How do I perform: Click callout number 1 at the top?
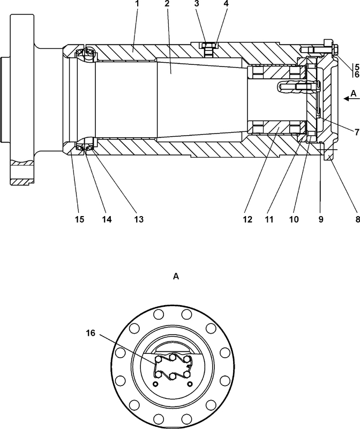click(138, 4)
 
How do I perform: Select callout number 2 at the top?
click(167, 4)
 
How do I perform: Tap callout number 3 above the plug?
click(197, 4)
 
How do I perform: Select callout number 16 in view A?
click(90, 333)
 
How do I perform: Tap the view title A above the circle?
click(176, 277)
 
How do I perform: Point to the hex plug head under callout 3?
click(208, 46)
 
